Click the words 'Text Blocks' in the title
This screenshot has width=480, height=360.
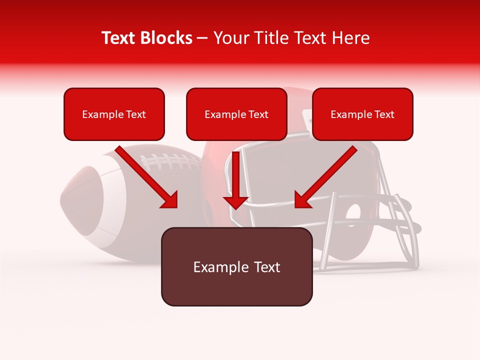147,38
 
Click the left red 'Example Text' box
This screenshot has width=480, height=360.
114,114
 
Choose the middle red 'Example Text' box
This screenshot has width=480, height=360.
236,114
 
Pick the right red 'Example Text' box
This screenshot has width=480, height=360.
362,114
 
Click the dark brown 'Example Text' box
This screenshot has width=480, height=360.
236,267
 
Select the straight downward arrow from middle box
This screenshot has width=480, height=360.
235,177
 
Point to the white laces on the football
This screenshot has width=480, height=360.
170,161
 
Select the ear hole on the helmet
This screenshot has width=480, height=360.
354,212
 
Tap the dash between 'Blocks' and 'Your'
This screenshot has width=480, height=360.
202,38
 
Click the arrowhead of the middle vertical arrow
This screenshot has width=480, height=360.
235,202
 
